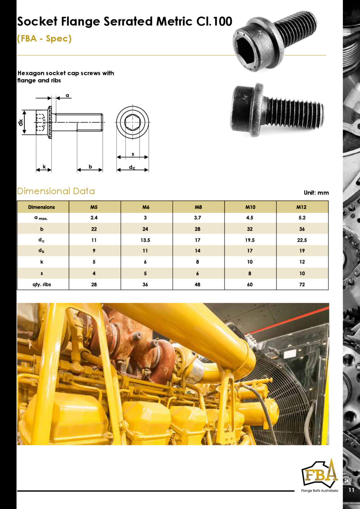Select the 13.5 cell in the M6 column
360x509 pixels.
pos(145,240)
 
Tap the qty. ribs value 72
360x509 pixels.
pos(302,284)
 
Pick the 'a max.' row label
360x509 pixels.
pos(41,218)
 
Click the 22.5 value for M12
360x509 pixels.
pos(302,240)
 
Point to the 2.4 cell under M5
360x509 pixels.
pos(94,218)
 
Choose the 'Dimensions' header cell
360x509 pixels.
pos(41,207)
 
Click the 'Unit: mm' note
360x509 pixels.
pos(316,193)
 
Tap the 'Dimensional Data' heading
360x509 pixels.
pos(56,191)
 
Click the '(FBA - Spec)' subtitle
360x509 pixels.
pos(44,38)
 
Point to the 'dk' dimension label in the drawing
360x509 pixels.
pos(20,122)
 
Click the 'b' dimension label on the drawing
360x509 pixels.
pos(90,167)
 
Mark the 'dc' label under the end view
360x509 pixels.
pos(132,167)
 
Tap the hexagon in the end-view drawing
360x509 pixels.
pos(133,122)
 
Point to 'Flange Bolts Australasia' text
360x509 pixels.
pos(319,491)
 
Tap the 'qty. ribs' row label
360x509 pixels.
pos(41,284)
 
